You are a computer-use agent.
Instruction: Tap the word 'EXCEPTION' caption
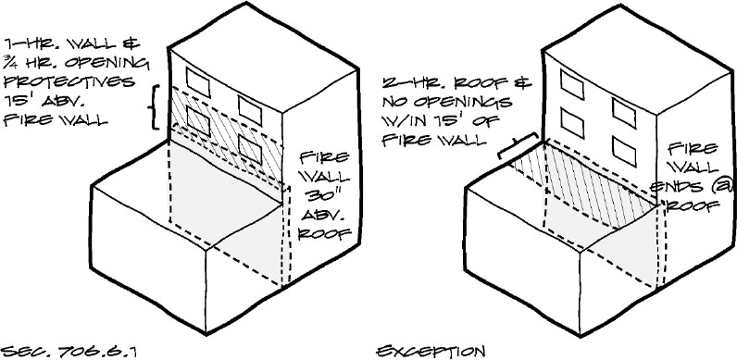[431, 352]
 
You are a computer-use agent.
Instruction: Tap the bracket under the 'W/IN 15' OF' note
[519, 148]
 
